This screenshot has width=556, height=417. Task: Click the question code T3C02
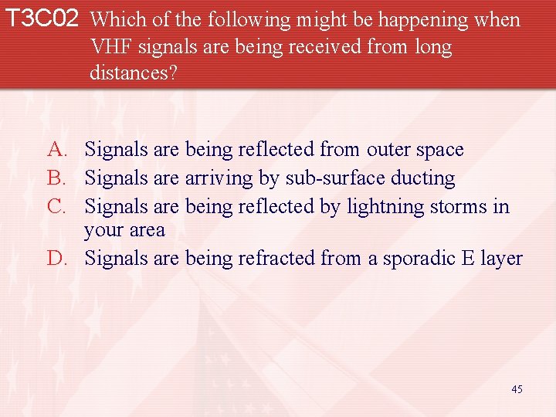point(42,19)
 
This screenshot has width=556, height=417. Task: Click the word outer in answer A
point(391,149)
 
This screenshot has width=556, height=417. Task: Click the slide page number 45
point(517,389)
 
